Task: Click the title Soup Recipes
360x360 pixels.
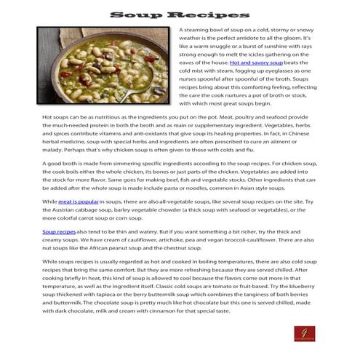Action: tap(180, 15)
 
